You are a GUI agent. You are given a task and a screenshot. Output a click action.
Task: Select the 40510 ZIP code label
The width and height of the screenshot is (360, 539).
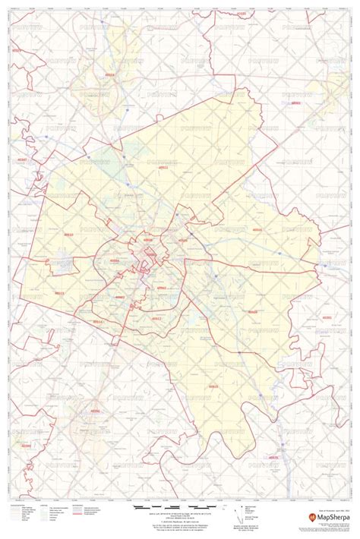[68, 235]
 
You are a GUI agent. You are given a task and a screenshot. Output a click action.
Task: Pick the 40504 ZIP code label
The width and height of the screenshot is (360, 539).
[115, 260]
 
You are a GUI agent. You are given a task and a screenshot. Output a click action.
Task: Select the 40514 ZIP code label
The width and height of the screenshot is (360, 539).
[97, 323]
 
